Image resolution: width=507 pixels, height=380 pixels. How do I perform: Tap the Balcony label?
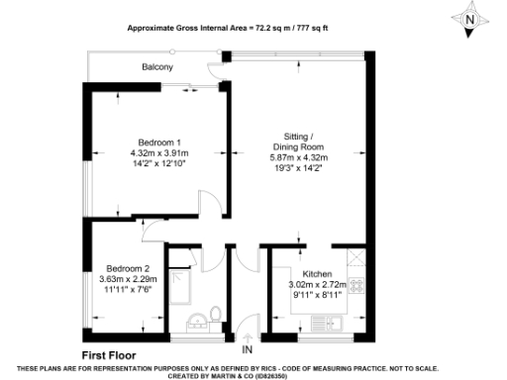156,67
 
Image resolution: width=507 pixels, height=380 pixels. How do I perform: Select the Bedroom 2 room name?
128,268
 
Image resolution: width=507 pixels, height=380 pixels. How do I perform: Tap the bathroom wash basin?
194,320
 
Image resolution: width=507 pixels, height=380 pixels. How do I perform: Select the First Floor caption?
109,353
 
